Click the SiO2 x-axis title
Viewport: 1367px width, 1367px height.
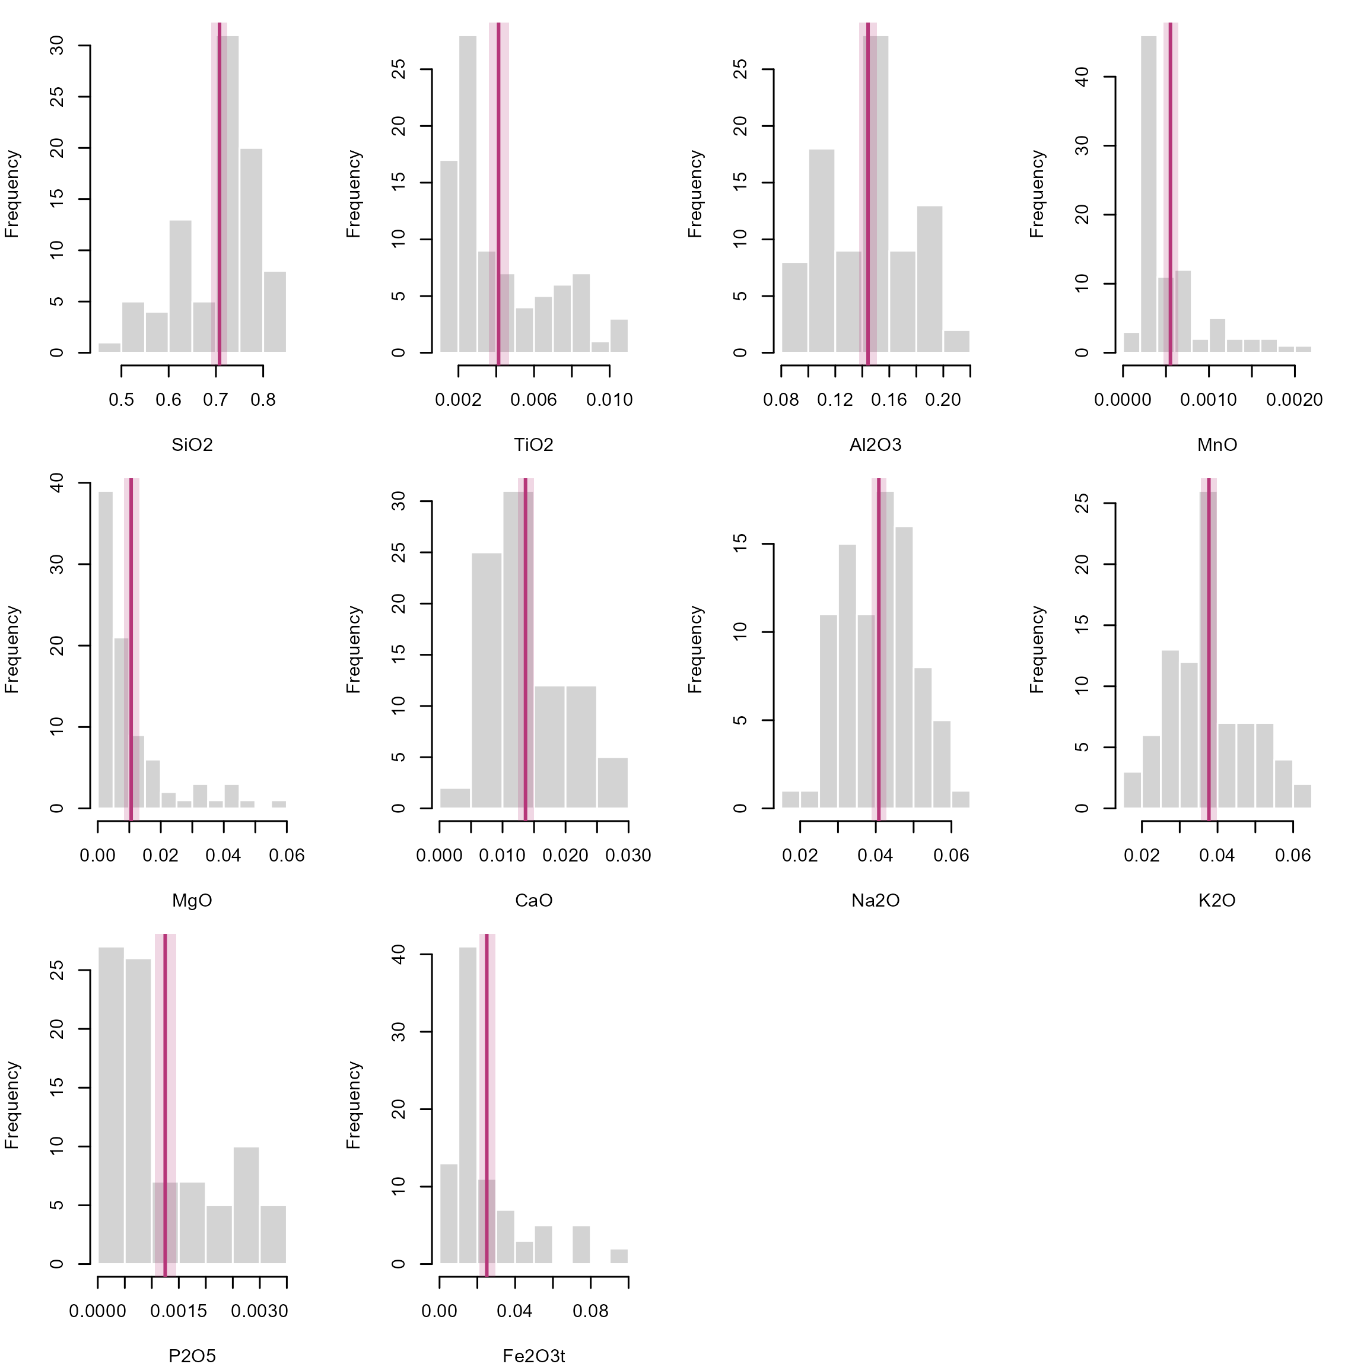coord(192,445)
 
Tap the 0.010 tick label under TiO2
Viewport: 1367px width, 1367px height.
coord(609,400)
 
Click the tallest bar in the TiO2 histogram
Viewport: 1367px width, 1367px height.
coord(468,195)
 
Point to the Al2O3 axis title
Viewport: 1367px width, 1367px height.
coord(875,445)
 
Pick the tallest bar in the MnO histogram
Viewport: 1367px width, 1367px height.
coord(1149,195)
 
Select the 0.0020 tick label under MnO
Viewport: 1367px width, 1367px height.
coord(1294,400)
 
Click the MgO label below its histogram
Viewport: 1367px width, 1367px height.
coord(192,901)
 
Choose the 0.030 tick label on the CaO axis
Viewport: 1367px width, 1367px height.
coord(628,856)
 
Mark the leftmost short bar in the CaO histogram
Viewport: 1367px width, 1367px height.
coord(455,798)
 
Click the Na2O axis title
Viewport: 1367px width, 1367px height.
coord(875,901)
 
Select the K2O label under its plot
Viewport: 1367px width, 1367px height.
coord(1217,901)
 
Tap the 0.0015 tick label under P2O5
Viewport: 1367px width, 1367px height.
coord(179,1311)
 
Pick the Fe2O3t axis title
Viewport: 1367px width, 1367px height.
coord(533,1356)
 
